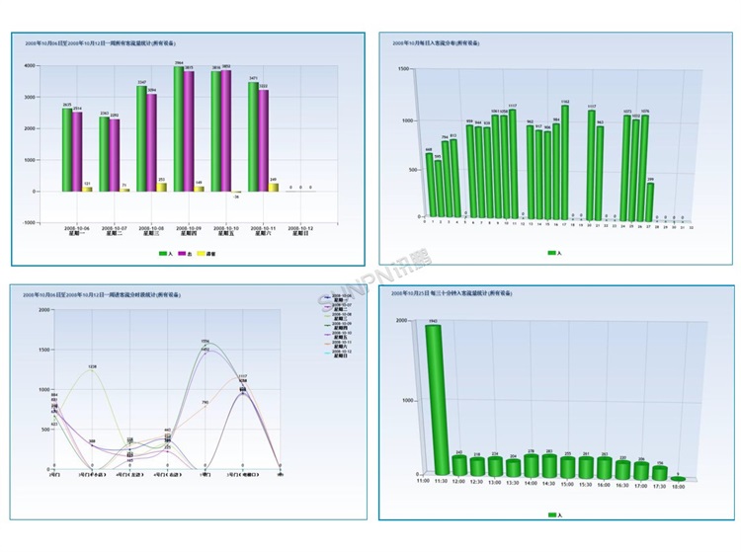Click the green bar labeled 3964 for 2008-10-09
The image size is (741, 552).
178,128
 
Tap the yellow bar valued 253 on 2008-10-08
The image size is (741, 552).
162,186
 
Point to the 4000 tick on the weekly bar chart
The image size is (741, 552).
32,66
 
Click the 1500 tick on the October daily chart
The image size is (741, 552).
403,69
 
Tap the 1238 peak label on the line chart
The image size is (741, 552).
91,366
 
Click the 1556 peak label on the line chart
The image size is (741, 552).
205,342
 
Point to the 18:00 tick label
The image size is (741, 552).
679,485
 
